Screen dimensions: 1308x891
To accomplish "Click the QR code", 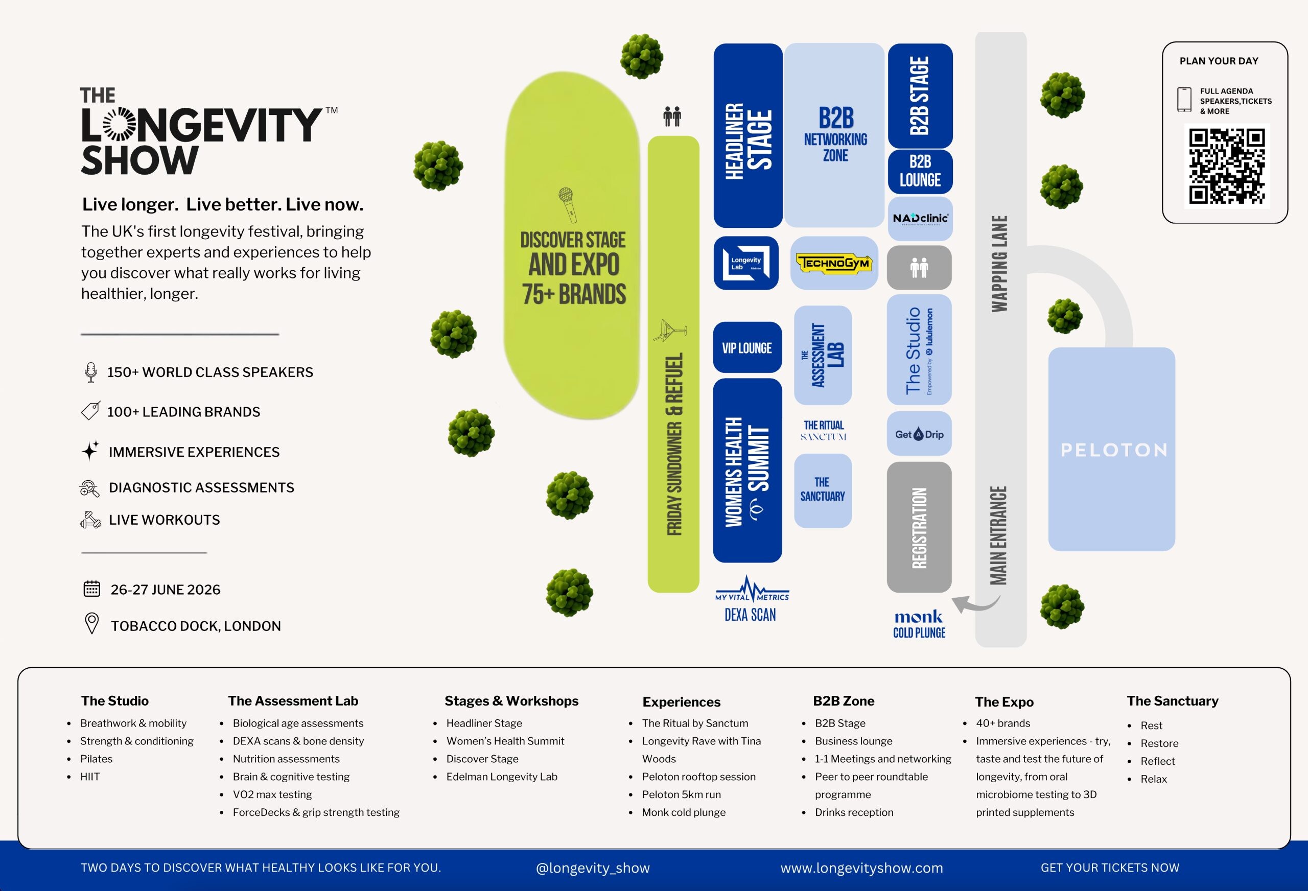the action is click(1227, 166).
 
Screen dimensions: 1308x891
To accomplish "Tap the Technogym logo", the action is click(834, 263).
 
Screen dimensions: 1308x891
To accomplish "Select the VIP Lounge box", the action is click(748, 347).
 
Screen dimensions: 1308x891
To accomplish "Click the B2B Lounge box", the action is click(920, 171).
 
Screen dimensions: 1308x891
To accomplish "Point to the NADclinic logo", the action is click(920, 218).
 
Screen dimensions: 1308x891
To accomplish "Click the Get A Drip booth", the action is click(920, 434).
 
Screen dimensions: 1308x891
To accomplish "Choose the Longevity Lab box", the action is click(746, 263).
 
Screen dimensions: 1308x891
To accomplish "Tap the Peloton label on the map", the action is click(1114, 450).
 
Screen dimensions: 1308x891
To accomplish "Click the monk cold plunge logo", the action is click(919, 624).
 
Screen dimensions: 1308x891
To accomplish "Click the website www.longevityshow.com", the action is click(861, 868).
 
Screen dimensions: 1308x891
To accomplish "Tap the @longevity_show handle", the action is click(593, 868).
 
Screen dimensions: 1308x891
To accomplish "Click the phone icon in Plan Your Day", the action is click(1184, 100).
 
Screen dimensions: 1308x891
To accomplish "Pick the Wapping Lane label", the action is click(999, 264).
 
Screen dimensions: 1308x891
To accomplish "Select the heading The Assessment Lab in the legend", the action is click(293, 701).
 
